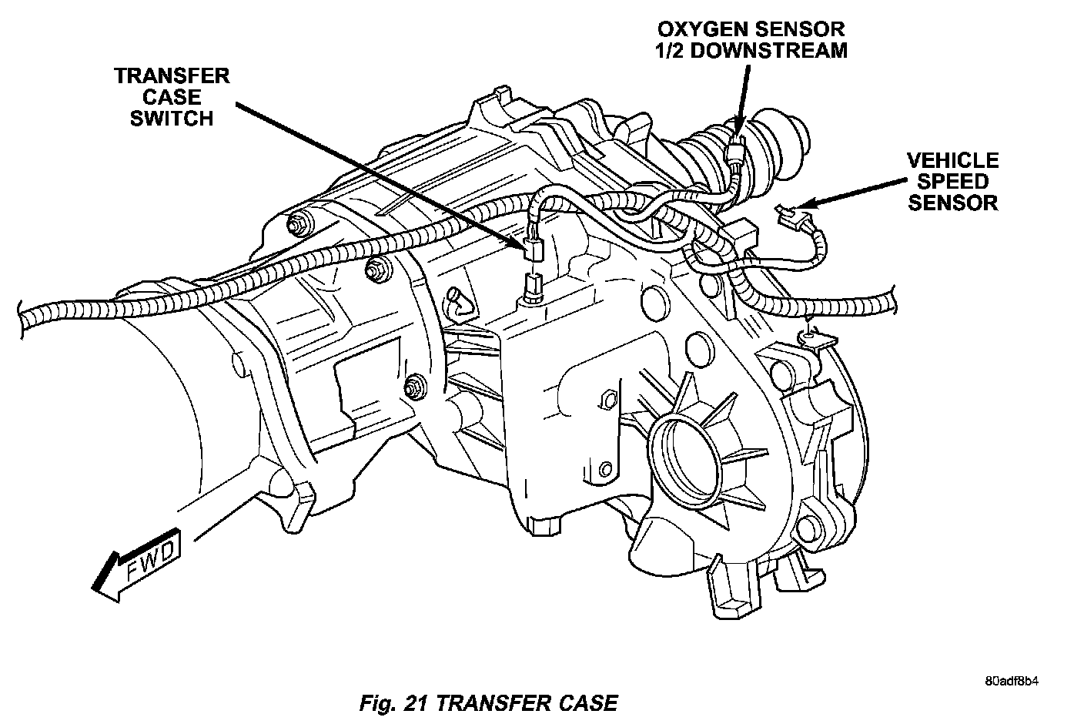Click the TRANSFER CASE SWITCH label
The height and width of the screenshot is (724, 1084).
coord(171,97)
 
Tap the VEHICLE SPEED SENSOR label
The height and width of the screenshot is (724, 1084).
coord(952,182)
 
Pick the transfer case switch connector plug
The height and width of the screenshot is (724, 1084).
coord(533,250)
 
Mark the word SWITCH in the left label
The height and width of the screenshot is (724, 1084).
coord(171,119)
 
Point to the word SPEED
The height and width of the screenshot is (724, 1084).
coord(952,182)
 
